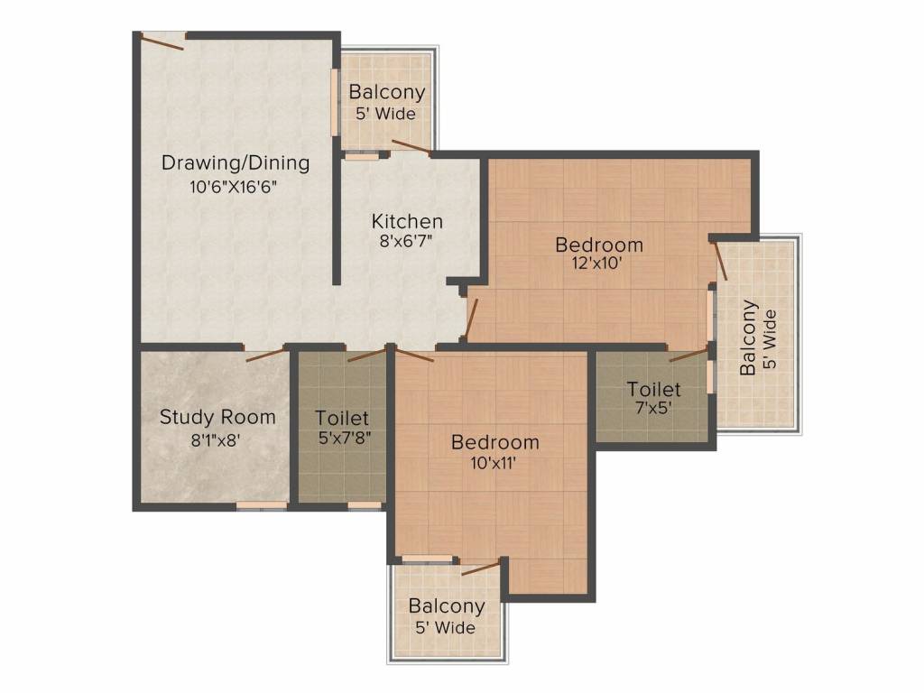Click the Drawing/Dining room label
click(236, 163)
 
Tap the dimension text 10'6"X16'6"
click(232, 188)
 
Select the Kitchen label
click(408, 221)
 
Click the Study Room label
click(217, 417)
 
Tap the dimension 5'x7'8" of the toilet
click(343, 440)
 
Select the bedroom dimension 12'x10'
click(598, 265)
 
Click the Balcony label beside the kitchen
click(387, 92)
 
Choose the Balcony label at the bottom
click(447, 605)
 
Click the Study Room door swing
click(264, 353)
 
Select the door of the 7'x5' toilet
click(688, 354)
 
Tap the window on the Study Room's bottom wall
click(262, 506)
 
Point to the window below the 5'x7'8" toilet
click(365, 506)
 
